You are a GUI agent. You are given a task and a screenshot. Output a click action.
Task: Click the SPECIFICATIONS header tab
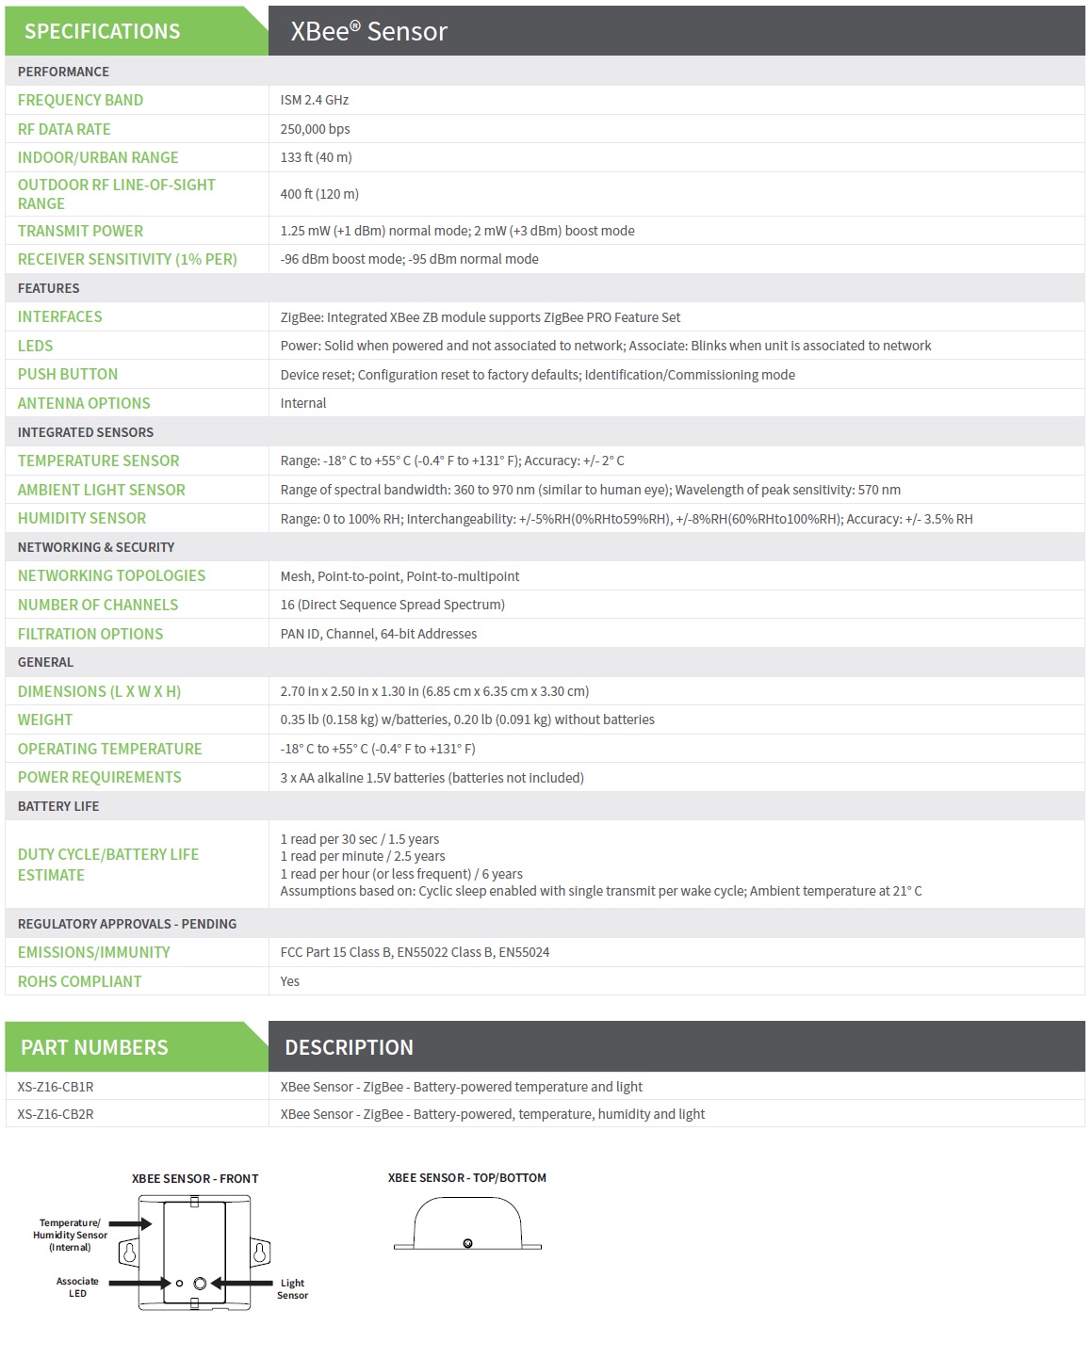coord(102,31)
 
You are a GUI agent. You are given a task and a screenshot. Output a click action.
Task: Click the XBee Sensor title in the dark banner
coord(368,31)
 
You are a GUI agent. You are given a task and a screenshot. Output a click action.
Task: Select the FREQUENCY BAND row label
coord(80,100)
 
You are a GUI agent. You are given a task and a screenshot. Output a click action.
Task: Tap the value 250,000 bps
coord(315,129)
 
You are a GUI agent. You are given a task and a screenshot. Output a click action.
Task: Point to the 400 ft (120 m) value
coord(319,194)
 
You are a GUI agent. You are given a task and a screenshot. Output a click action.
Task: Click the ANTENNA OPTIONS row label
coord(84,403)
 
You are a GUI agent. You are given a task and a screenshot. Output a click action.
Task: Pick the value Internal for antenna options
coord(303,403)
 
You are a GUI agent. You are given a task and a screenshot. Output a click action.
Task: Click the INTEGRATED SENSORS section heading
coord(85,432)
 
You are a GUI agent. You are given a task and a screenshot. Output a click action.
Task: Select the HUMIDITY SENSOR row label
coord(82,518)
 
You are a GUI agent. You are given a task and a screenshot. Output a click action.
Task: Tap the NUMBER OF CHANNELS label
coord(98,605)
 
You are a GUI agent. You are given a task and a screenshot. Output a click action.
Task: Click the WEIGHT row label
coord(45,719)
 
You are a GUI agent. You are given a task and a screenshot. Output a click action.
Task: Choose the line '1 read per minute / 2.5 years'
coord(363,856)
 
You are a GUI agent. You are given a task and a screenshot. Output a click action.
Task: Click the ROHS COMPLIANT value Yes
coord(289,981)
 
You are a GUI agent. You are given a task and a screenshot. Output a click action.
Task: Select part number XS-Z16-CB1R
coord(56,1087)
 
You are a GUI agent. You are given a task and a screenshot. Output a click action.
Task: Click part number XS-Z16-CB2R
coord(56,1114)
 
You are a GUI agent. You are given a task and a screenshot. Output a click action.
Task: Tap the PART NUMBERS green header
coord(94,1047)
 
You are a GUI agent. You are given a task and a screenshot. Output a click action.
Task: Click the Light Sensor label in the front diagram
coord(292,1289)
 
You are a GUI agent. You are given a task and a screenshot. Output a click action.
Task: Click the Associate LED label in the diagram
coord(77,1287)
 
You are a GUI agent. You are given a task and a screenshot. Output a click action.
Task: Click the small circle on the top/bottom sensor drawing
coord(467,1244)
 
